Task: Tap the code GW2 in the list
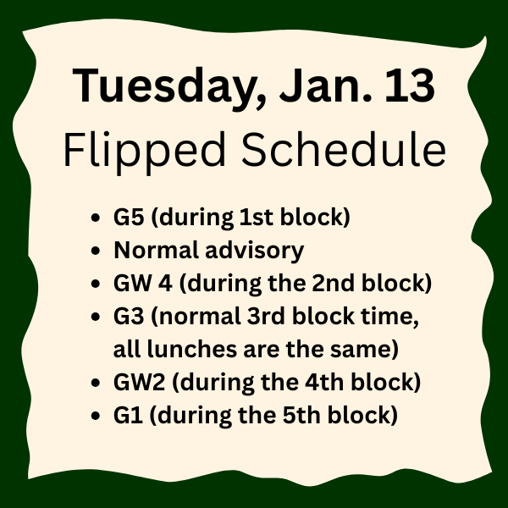(135, 382)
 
